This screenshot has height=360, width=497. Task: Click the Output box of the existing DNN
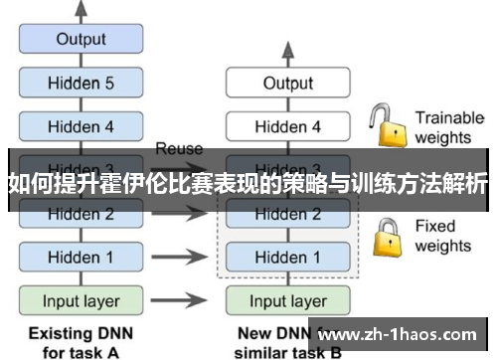coord(81,40)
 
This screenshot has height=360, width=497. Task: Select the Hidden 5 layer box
coord(81,84)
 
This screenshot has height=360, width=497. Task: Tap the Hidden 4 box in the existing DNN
coord(81,126)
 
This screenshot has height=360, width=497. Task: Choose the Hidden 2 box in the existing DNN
coord(81,214)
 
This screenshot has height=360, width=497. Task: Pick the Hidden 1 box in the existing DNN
coord(81,257)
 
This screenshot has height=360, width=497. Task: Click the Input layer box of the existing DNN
coord(81,300)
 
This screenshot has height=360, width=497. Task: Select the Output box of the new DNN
coord(287,84)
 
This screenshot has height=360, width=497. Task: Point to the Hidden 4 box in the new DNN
coord(287,126)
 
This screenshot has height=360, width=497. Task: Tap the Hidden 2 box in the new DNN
coord(287,214)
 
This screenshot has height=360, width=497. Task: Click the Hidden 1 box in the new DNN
coord(287,257)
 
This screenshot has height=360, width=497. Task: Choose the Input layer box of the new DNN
coord(287,300)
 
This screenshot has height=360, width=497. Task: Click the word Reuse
coord(179,148)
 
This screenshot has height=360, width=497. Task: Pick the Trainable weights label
coord(448,126)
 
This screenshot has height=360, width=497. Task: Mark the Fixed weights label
coord(443,236)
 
